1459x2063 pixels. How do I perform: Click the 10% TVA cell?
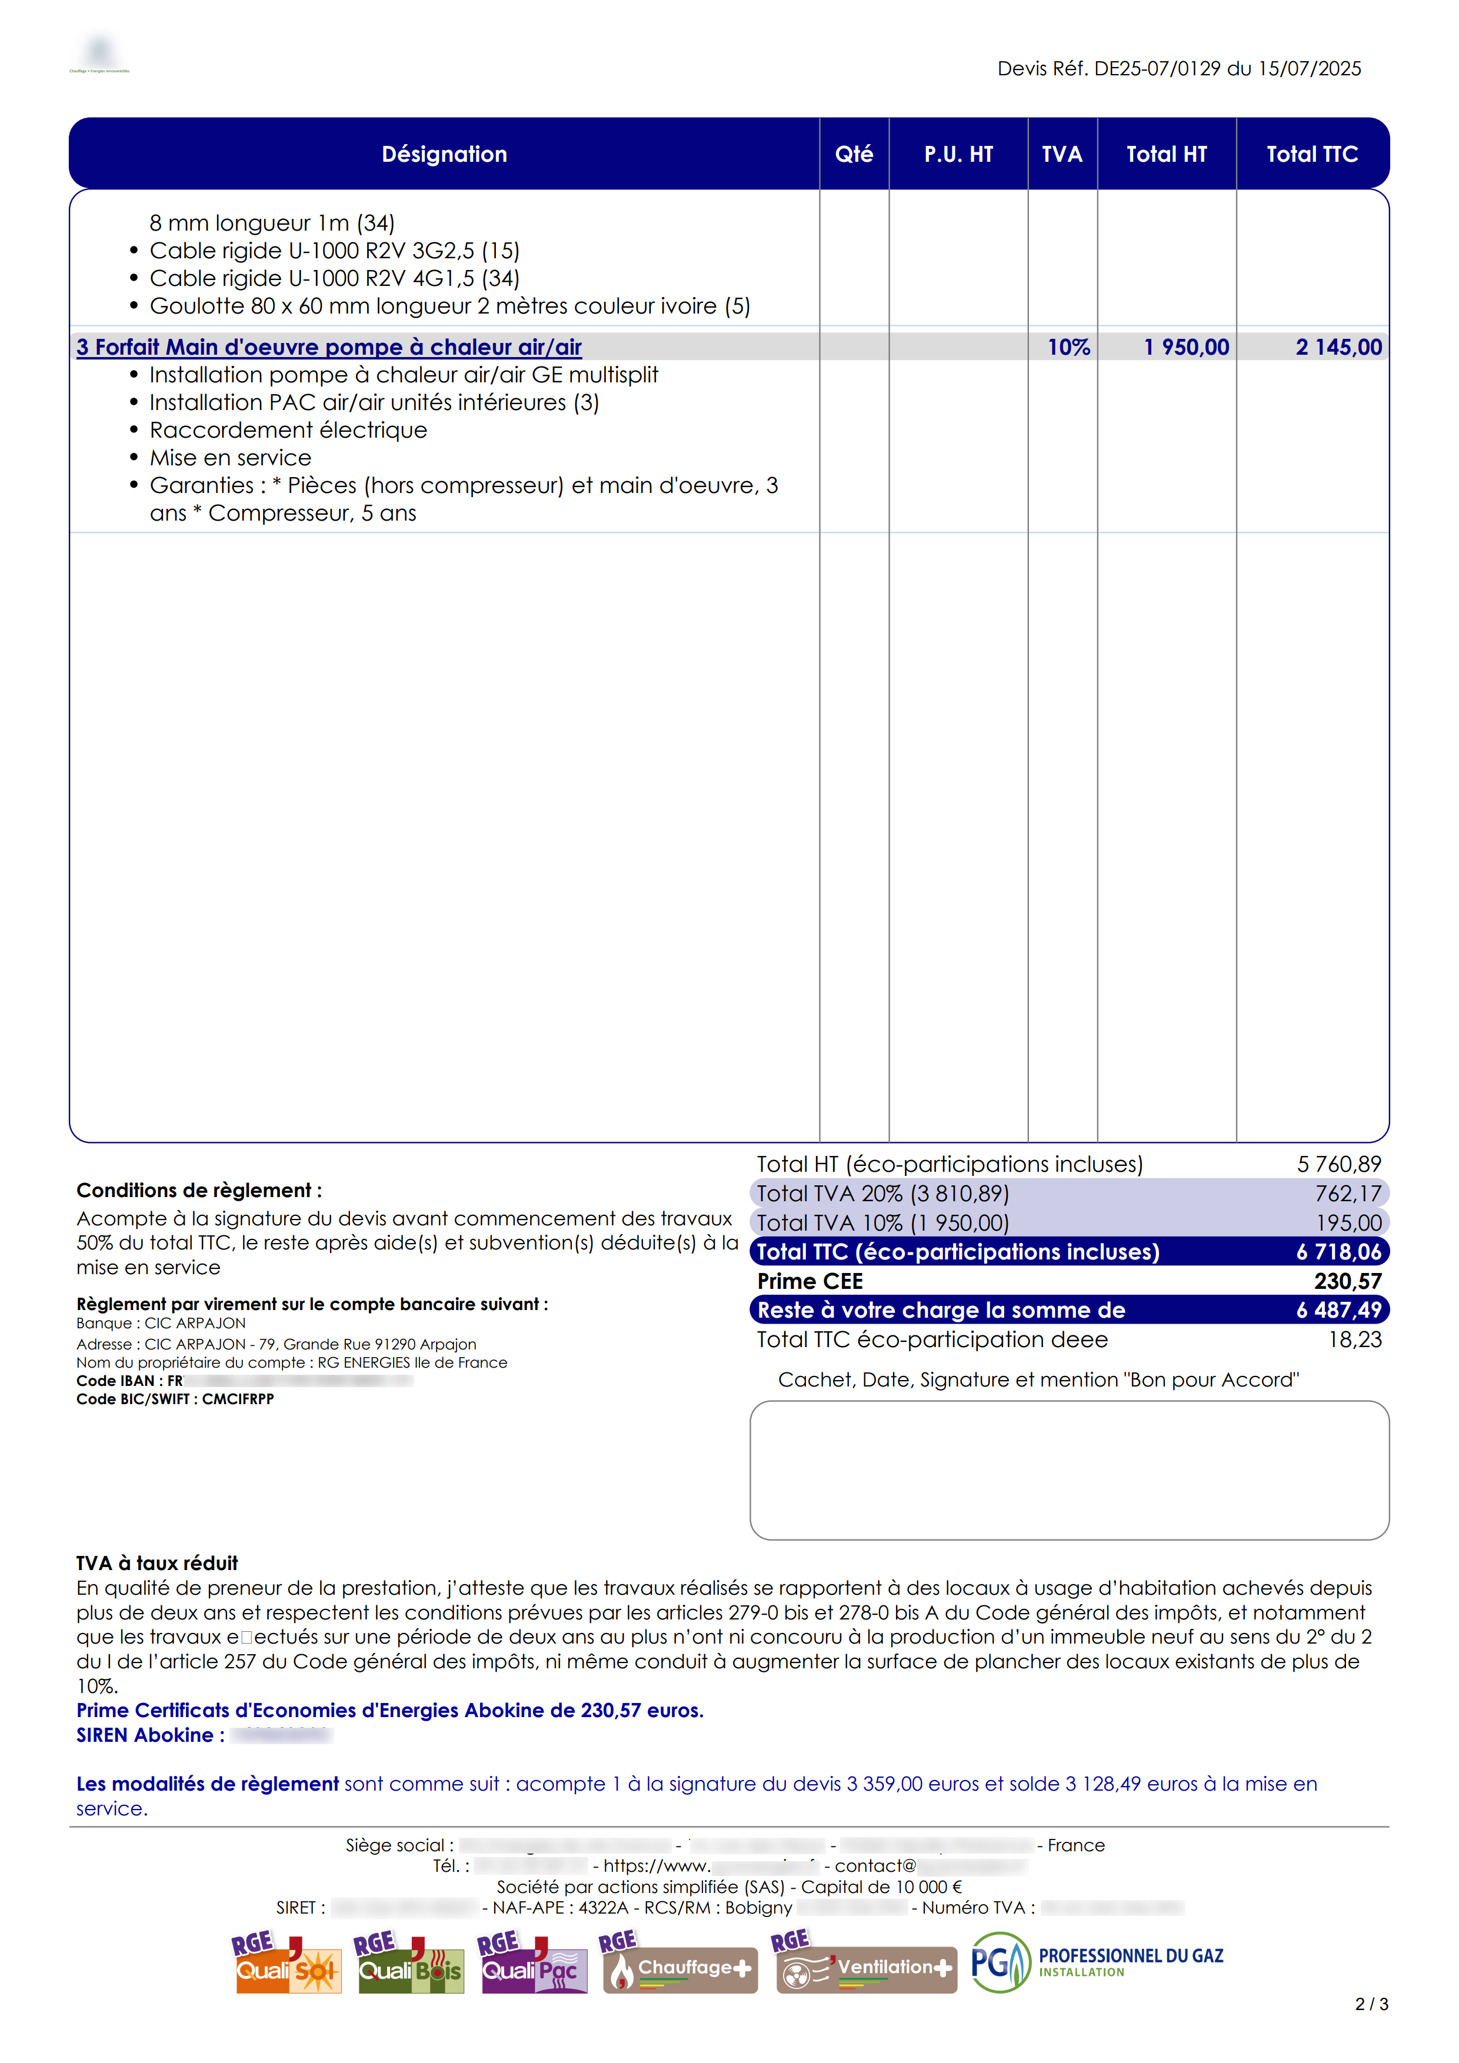click(x=1068, y=347)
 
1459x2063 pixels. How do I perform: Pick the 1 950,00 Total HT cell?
click(x=1186, y=347)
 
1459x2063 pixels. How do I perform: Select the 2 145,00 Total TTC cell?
click(x=1338, y=347)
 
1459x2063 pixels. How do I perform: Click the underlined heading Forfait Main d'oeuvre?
click(x=329, y=347)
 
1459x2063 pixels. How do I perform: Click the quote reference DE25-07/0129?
click(x=1157, y=69)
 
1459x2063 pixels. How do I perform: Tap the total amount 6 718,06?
click(x=1338, y=1252)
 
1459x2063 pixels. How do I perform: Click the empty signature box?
click(x=1069, y=1470)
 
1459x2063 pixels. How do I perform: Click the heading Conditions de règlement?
click(x=198, y=1191)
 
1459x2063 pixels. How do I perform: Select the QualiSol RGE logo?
click(x=287, y=1963)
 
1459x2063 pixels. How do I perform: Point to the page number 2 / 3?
click(x=1371, y=2005)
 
